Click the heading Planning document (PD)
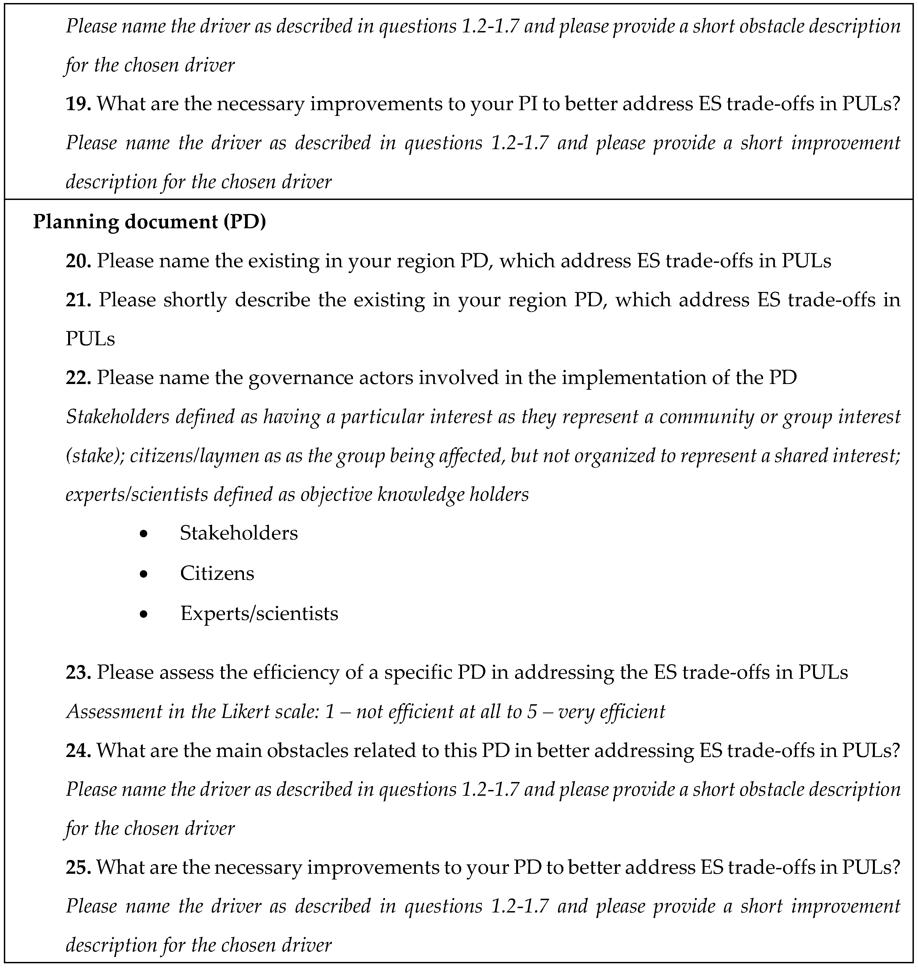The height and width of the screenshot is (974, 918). (149, 222)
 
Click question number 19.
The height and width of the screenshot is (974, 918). (78, 104)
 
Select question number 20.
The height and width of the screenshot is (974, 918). (78, 261)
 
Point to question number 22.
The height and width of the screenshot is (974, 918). (78, 377)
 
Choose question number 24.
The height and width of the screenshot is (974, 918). (78, 751)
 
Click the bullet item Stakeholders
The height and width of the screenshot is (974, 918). (238, 533)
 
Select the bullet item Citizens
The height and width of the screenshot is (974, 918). (217, 573)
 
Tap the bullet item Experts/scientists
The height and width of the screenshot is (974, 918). (259, 613)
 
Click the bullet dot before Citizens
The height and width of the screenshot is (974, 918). (143, 574)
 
